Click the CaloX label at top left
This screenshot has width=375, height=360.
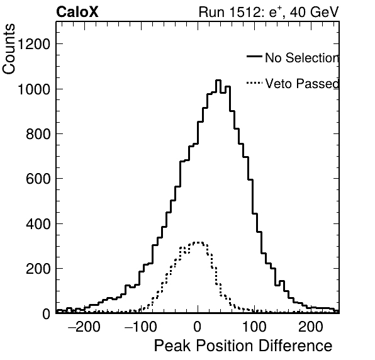pos(77,12)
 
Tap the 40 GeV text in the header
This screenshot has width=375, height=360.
pos(314,12)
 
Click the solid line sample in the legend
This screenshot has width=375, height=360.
pos(254,57)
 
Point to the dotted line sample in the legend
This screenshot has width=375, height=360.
pos(254,83)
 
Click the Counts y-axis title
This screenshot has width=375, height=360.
pos(9,49)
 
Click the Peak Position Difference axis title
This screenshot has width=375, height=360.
pos(243,346)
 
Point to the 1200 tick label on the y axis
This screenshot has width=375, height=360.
pos(34,44)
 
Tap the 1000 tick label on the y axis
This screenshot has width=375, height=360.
pos(34,89)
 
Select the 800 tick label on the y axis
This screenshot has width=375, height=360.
pos(38,134)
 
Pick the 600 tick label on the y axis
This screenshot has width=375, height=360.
pos(38,179)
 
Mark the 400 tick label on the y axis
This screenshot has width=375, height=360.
pos(38,224)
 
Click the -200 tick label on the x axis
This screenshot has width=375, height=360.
pos(84,326)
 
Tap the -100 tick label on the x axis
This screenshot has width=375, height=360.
pos(141,326)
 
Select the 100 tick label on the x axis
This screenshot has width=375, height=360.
pos(254,326)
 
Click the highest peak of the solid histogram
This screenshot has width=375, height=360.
pos(218,81)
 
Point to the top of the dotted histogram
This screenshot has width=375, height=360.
pos(198,242)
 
